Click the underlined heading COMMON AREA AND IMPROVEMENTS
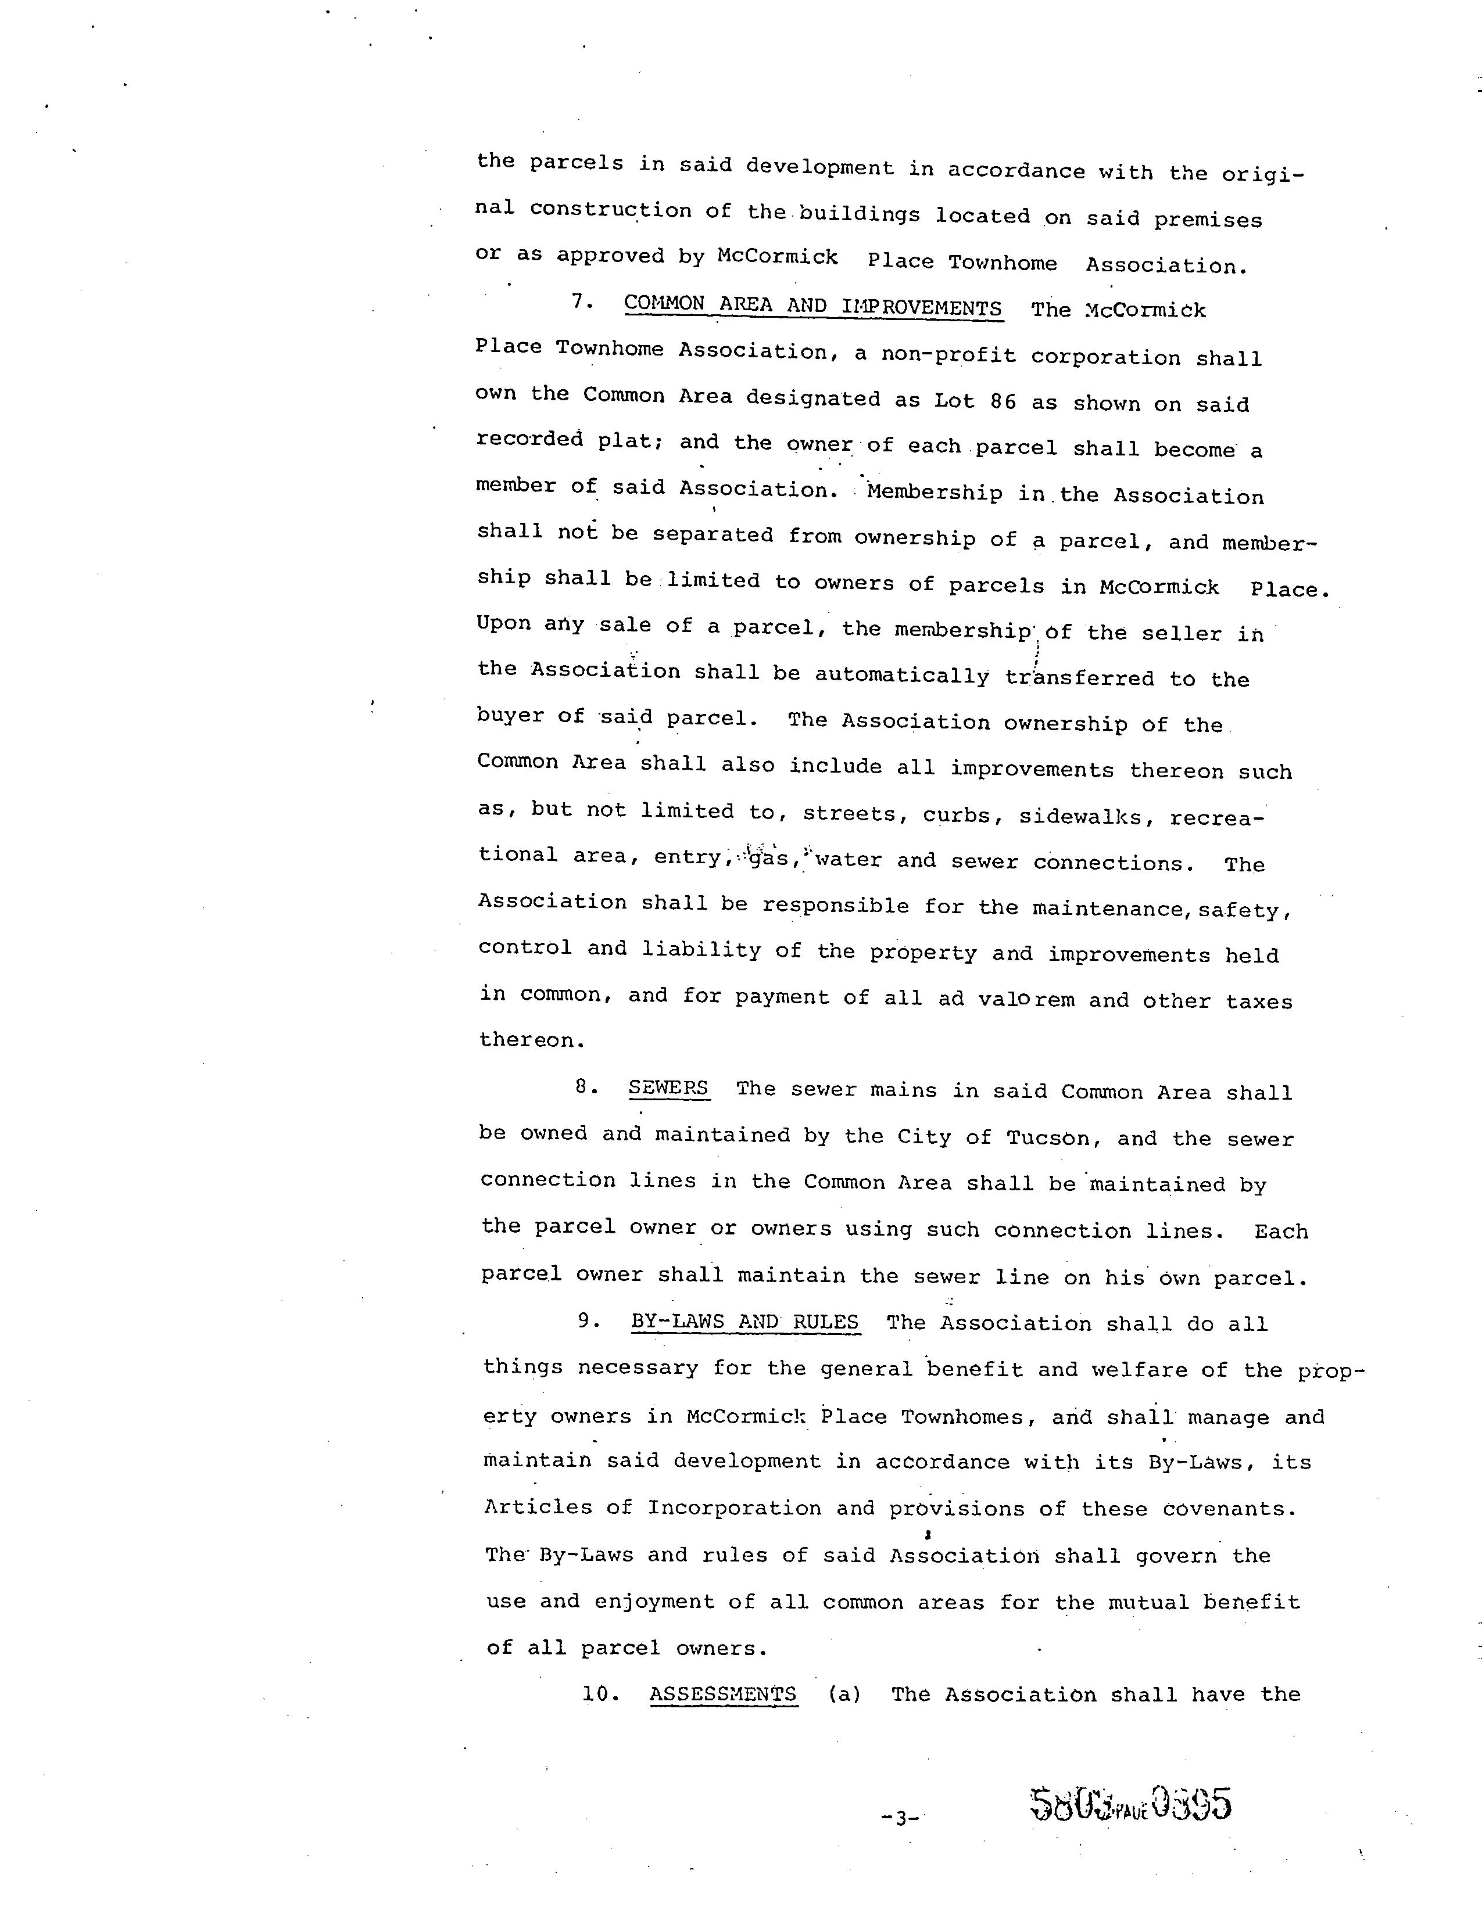coord(812,306)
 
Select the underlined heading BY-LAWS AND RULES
coord(744,1322)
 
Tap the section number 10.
coord(600,1693)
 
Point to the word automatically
coord(901,675)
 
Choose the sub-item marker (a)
coord(844,1693)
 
